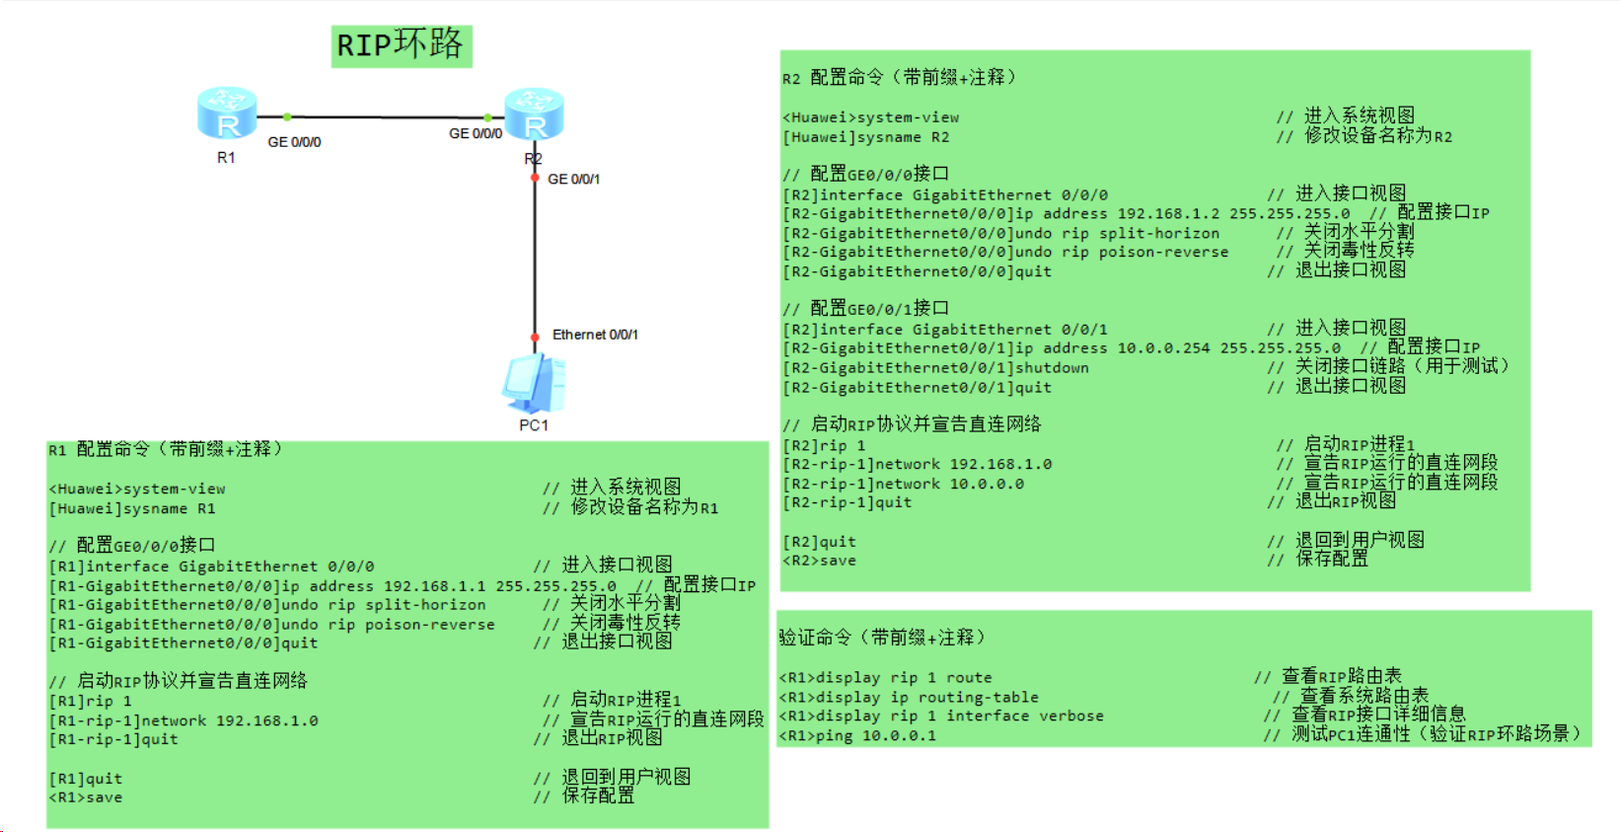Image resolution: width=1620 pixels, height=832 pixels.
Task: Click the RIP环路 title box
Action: click(x=401, y=45)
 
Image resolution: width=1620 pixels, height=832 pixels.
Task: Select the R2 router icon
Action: click(x=534, y=113)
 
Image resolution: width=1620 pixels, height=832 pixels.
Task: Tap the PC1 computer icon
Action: click(x=534, y=385)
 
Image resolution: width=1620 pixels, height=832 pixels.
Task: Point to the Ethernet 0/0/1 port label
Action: click(x=595, y=335)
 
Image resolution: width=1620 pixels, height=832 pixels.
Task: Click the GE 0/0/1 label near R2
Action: click(x=573, y=179)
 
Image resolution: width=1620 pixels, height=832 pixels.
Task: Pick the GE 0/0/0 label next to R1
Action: click(x=294, y=142)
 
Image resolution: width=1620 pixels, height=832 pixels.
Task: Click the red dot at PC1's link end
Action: click(x=535, y=338)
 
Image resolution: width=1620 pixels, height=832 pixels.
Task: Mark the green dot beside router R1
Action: click(x=286, y=116)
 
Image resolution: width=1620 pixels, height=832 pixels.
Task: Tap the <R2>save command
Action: click(x=820, y=561)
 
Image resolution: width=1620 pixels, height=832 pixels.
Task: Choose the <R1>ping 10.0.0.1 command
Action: click(x=857, y=735)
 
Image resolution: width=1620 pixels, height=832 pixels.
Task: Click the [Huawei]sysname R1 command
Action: click(x=132, y=509)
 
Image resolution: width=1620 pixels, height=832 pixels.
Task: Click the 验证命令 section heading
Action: click(x=882, y=638)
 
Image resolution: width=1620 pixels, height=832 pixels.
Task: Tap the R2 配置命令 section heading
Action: click(x=899, y=78)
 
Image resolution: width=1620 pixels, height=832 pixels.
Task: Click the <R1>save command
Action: click(x=86, y=797)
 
